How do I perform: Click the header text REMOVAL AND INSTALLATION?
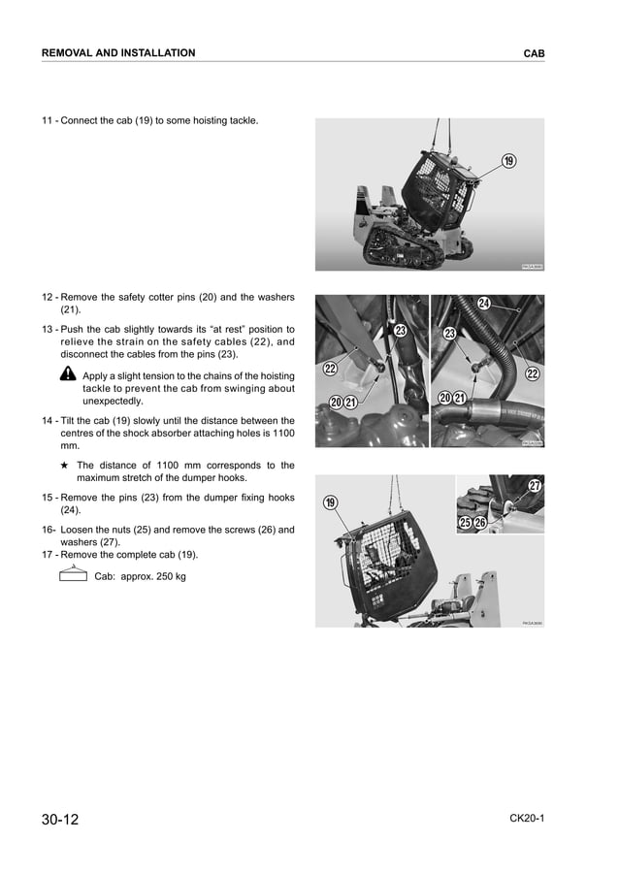point(117,53)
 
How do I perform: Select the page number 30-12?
point(60,820)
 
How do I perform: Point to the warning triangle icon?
point(68,375)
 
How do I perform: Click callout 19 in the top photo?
point(508,161)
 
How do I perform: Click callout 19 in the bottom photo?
point(330,501)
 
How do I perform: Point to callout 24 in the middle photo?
point(483,305)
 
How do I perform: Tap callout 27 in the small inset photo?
point(534,485)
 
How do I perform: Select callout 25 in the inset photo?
point(465,524)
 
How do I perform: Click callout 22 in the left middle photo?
point(330,369)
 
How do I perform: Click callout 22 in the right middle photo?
point(532,373)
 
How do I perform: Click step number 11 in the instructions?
point(48,121)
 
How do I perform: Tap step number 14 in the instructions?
point(48,421)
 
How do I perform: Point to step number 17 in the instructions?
point(48,555)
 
